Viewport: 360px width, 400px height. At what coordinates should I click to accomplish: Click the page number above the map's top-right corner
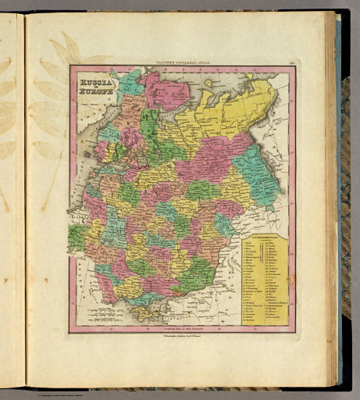click(290, 62)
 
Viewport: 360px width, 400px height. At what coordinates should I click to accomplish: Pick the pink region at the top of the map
click(164, 90)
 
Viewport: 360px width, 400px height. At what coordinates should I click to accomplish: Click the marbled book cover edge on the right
click(344, 195)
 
